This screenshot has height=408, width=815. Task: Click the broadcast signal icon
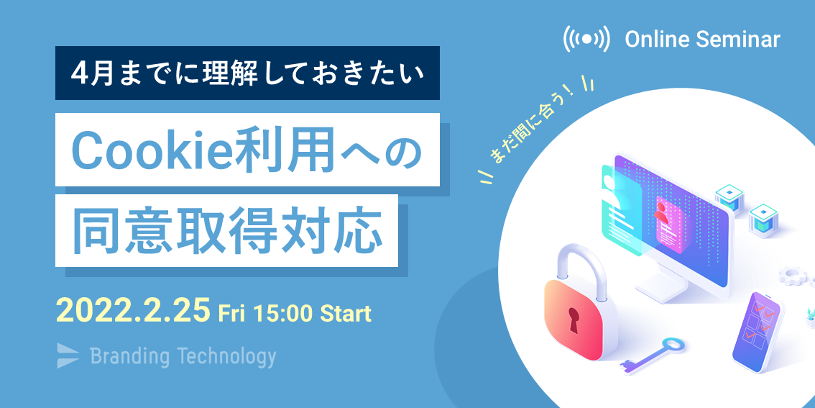point(586,39)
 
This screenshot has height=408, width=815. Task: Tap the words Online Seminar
point(703,40)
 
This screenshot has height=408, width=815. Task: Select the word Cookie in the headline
point(152,150)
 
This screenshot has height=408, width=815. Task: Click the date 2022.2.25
point(134,311)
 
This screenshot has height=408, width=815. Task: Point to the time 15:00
point(282,313)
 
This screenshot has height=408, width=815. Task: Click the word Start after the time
point(345,313)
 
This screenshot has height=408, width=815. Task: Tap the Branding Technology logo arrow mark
point(68,356)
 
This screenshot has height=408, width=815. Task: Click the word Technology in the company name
point(226,357)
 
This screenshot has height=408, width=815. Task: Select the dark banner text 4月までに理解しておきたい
point(247,74)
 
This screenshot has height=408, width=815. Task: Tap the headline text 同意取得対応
point(224,230)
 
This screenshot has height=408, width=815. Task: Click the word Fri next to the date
point(231,313)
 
